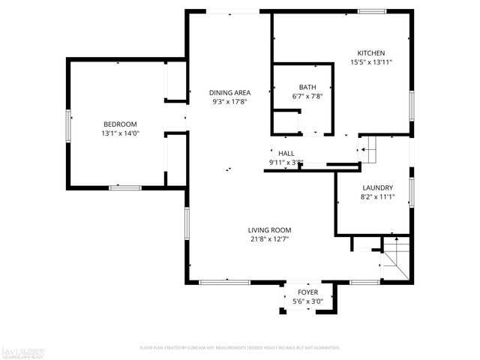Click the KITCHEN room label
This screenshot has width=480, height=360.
pyautogui.click(x=370, y=53)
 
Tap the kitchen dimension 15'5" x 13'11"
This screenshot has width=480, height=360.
pyautogui.click(x=370, y=63)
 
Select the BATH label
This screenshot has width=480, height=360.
pyautogui.click(x=307, y=87)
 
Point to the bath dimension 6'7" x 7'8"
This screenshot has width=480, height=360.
pyautogui.click(x=307, y=97)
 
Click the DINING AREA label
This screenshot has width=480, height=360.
pyautogui.click(x=229, y=92)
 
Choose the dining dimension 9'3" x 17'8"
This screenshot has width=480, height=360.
pyautogui.click(x=229, y=102)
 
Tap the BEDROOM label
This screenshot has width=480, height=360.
pyautogui.click(x=120, y=124)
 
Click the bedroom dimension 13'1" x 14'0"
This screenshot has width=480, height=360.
pyautogui.click(x=120, y=133)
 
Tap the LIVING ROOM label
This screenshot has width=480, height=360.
pyautogui.click(x=270, y=230)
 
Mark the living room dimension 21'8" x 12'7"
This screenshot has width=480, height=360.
pyautogui.click(x=270, y=240)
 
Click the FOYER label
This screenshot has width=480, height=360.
pyautogui.click(x=307, y=292)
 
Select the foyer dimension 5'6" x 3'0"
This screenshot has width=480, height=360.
pyautogui.click(x=307, y=301)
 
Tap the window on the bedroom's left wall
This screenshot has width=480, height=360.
pyautogui.click(x=69, y=124)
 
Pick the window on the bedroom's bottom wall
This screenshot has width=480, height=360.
pyautogui.click(x=125, y=187)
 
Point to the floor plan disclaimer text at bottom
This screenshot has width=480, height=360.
pyautogui.click(x=240, y=348)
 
